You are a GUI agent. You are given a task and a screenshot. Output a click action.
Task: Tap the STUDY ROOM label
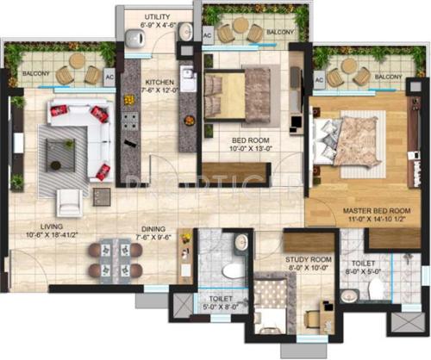[x=304, y=257]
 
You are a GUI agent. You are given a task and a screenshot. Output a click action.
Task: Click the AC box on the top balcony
[x=207, y=36]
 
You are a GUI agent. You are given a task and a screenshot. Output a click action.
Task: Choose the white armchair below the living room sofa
[x=69, y=201]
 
